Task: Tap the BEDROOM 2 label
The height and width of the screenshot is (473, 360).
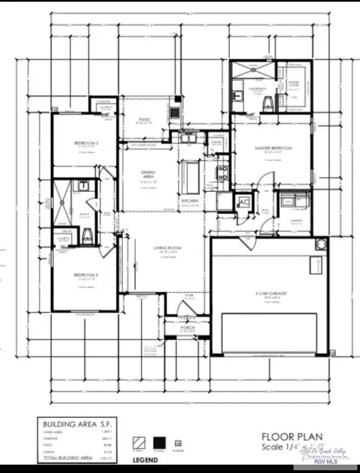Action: pos(86,144)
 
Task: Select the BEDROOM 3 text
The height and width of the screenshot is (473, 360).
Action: pos(86,275)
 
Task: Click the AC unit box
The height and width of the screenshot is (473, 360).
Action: pos(244,202)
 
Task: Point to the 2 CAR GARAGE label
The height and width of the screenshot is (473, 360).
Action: pos(271,293)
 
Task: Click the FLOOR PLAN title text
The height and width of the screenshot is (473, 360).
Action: pos(292,437)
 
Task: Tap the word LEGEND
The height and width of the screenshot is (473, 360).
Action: pos(145,460)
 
